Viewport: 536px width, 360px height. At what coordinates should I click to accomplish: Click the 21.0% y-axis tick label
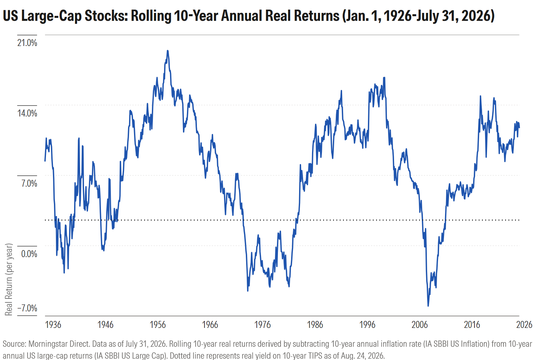click(27, 43)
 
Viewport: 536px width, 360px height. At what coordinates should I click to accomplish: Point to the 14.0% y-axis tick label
click(27, 113)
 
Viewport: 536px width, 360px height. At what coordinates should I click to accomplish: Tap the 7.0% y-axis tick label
click(29, 183)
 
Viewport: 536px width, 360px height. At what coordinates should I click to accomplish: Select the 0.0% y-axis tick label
click(29, 254)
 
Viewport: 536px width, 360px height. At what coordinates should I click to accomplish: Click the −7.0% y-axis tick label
click(27, 308)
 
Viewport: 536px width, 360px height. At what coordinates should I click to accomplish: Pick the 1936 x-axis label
click(53, 325)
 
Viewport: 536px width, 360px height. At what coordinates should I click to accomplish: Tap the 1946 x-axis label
click(105, 325)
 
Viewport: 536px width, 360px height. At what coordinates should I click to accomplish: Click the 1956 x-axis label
click(158, 325)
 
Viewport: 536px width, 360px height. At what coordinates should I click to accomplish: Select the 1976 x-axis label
click(262, 325)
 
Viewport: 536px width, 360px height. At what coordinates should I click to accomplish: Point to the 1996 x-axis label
click(367, 325)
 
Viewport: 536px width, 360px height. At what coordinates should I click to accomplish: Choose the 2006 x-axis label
click(420, 325)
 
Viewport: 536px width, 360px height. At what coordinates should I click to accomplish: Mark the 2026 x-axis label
click(524, 325)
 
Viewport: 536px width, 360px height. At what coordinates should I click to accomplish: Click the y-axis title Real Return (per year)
click(9, 279)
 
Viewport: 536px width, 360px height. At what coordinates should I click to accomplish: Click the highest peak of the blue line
click(168, 51)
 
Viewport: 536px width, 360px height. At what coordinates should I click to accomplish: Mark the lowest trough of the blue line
click(428, 306)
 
